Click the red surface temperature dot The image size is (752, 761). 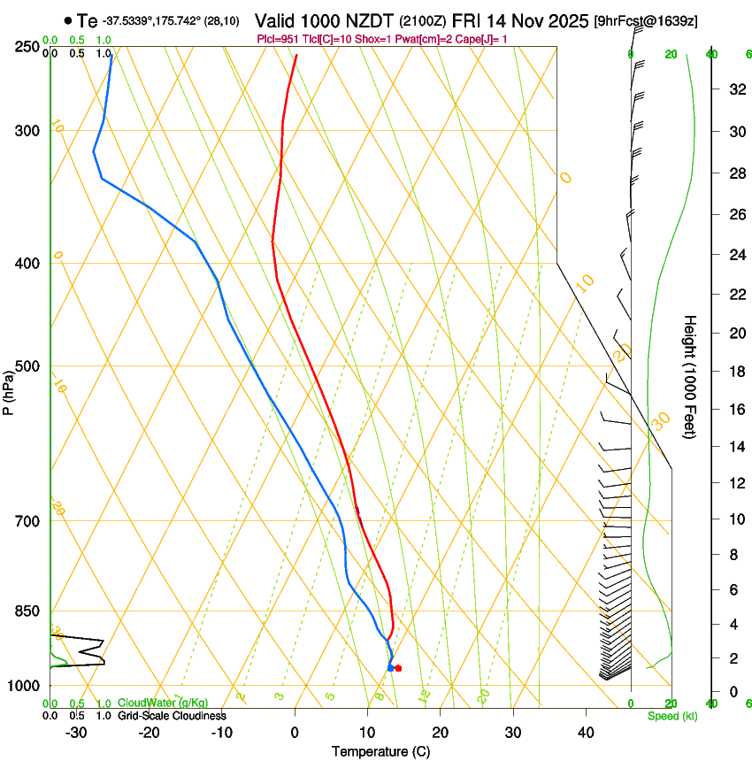coord(398,668)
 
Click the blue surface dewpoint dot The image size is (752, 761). coord(390,668)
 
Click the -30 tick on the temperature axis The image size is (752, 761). coord(76,733)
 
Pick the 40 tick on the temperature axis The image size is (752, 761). coord(585,733)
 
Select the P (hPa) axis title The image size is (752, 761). coord(8,389)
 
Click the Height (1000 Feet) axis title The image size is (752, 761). coord(690,376)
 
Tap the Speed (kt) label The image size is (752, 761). coord(671,716)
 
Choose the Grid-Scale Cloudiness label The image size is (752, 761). coord(172,716)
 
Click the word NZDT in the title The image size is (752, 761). coord(374,20)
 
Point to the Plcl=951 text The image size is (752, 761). coord(277,39)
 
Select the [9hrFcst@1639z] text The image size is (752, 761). coord(646,21)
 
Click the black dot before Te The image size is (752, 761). coord(67,20)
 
